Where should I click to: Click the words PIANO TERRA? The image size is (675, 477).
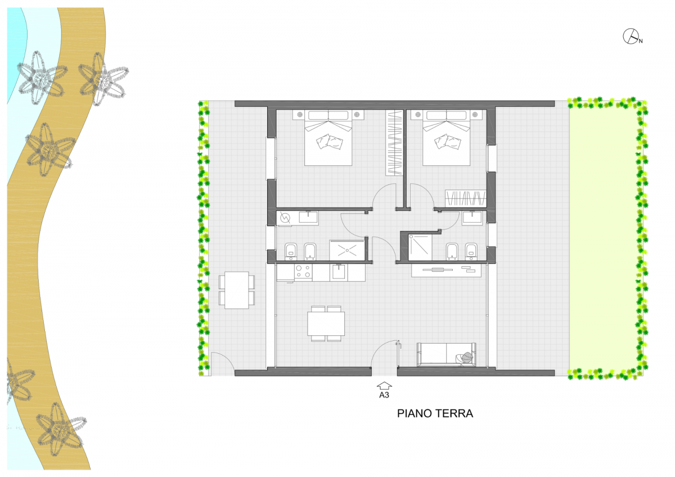(435, 413)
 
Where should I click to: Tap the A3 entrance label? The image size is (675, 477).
(384, 395)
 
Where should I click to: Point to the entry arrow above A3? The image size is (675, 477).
(384, 386)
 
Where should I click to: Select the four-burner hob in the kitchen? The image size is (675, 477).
(303, 271)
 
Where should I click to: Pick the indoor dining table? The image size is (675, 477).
(326, 323)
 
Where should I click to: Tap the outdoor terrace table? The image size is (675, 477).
(237, 290)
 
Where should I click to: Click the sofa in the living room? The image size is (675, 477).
(446, 354)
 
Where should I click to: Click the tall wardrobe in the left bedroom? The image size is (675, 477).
(394, 142)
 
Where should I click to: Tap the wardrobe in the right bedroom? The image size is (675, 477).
(466, 198)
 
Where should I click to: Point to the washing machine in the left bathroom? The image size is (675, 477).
(285, 218)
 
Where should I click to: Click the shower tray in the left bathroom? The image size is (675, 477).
(347, 250)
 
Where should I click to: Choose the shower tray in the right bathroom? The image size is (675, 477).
(420, 247)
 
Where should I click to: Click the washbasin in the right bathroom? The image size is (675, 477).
(472, 217)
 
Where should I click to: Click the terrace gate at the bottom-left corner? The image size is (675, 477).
(222, 364)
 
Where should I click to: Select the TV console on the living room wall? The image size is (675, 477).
(446, 271)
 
